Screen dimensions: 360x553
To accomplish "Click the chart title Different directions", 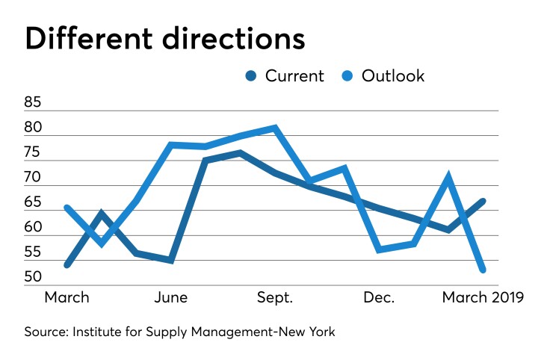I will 165,38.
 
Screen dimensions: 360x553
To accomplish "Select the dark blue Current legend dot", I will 250,75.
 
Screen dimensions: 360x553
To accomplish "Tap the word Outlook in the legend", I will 393,75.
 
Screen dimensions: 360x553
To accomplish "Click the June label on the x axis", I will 171,297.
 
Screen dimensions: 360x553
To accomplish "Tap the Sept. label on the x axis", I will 274,297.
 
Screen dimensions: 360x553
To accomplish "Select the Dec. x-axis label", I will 379,297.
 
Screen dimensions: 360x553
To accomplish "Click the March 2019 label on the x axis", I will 483,297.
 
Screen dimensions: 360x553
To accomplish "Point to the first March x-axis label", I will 67,297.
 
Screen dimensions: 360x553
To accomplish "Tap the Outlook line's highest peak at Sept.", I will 275,128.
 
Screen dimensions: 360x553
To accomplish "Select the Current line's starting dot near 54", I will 67,264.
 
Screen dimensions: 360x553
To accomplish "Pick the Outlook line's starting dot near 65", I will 67,208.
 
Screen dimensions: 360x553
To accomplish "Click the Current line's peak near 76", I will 240,153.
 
